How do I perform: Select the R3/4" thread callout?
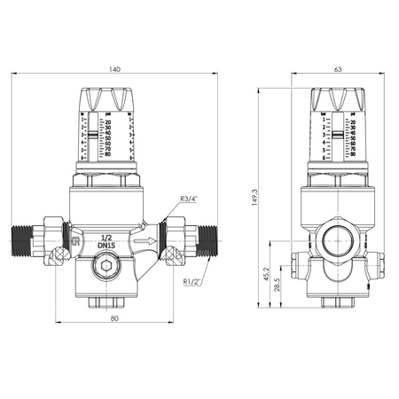point(188,199)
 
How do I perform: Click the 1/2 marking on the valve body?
point(106,238)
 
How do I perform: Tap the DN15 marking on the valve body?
point(106,247)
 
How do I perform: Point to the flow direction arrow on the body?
point(145,240)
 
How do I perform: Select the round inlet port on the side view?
point(336,241)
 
